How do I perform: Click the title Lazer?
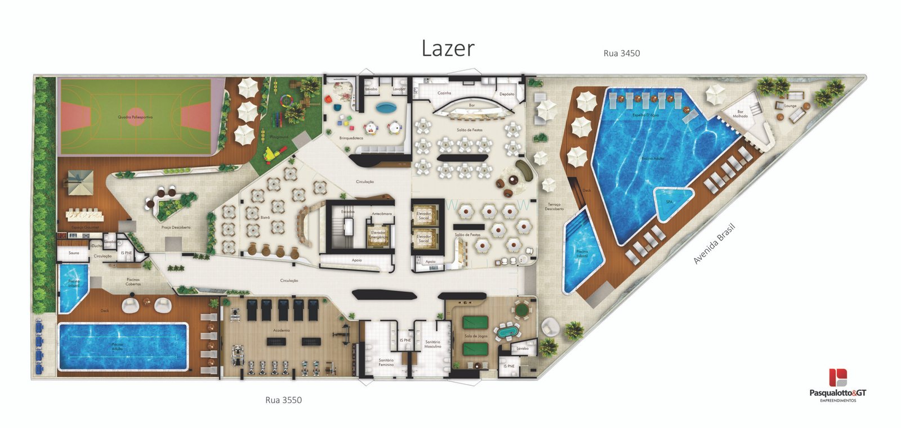448,48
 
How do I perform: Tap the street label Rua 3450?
621,53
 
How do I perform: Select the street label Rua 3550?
283,400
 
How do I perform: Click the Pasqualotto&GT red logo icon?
837,377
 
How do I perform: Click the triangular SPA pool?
672,202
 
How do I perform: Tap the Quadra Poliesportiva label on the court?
135,117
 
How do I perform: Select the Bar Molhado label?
740,114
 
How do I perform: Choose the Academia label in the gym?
281,330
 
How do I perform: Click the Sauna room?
74,253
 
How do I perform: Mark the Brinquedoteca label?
350,138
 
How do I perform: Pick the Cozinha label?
444,93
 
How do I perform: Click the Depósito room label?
506,94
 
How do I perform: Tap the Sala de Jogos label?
476,336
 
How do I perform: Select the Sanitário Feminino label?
386,362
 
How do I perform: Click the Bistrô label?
265,217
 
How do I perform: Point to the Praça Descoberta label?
176,227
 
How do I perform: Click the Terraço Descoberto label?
554,206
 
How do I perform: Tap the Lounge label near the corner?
790,106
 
